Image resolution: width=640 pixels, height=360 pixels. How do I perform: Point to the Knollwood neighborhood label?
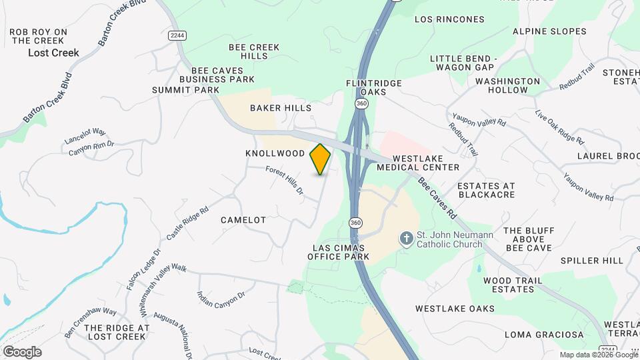275,153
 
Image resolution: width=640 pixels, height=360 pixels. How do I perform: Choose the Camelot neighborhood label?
243,219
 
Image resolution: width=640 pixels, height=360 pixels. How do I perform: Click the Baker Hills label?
281,107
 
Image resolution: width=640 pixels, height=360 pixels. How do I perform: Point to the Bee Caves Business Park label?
223,75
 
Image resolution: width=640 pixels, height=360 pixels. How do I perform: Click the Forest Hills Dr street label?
285,181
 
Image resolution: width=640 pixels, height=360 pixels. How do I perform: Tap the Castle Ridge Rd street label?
183,223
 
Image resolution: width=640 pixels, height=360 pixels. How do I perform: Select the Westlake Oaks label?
455,309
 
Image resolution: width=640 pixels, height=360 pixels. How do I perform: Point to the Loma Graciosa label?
544,334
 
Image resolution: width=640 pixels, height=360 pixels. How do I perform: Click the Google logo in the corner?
22,351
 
